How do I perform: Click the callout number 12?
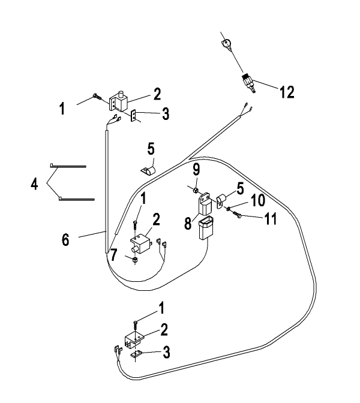click(287, 92)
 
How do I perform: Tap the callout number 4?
click(34, 184)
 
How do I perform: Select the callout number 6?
click(65, 240)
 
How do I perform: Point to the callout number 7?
click(113, 255)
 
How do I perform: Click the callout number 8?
click(188, 223)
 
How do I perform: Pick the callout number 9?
click(196, 169)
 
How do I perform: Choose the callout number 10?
click(258, 200)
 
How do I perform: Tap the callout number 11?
click(270, 219)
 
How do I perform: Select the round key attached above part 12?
click(227, 43)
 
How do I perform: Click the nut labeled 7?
click(134, 260)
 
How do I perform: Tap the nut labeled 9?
click(196, 190)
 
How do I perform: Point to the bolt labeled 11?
click(236, 215)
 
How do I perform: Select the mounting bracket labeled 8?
click(205, 204)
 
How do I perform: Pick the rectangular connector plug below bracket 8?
click(206, 227)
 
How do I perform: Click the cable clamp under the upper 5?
click(149, 171)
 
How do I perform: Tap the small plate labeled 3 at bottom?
click(136, 354)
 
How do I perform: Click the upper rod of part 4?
click(68, 166)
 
